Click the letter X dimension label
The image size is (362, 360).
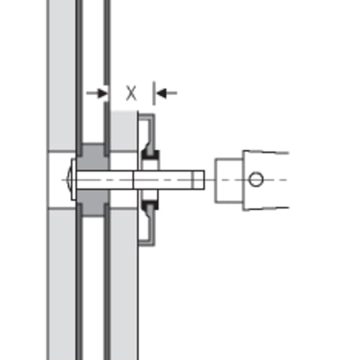coord(131,93)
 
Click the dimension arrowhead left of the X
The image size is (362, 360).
coord(103,93)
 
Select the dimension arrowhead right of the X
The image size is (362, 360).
coord(161,93)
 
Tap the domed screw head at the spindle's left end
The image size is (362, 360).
coord(68,179)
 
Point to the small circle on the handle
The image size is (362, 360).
coord(256,179)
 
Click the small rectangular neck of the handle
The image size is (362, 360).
coord(229,180)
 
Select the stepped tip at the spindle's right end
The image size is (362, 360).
coord(198,180)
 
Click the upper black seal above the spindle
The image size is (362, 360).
coord(150,155)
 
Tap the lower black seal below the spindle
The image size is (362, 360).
coord(150,204)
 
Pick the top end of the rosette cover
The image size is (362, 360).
coord(146,115)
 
